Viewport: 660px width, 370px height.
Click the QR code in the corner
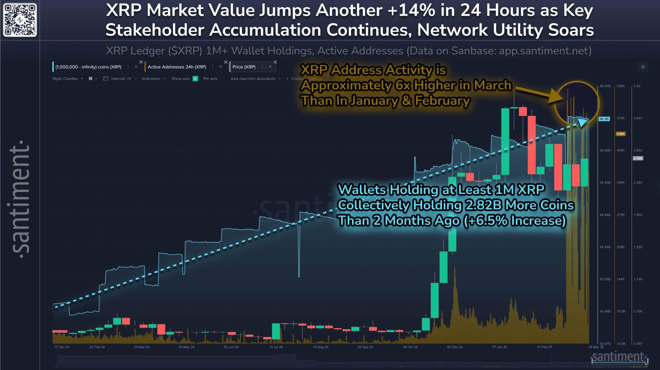click(x=20, y=20)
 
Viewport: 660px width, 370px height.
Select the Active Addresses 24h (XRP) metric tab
click(x=177, y=67)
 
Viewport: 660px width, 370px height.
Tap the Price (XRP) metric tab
click(x=244, y=67)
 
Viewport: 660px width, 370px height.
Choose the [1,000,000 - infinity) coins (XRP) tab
click(x=88, y=67)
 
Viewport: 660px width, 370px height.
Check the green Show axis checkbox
click(x=195, y=79)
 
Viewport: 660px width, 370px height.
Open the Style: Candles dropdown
click(x=68, y=79)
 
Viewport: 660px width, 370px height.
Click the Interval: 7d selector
click(x=121, y=79)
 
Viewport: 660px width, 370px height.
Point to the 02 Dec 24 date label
click(x=455, y=347)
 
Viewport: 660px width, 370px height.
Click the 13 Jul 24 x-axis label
click(x=276, y=347)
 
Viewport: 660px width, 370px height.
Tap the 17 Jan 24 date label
click(x=61, y=347)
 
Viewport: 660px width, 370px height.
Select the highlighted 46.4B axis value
click(x=604, y=119)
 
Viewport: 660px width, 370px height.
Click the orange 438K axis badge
click(x=620, y=134)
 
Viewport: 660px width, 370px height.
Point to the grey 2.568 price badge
click(x=638, y=158)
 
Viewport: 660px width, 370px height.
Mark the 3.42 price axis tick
click(x=637, y=86)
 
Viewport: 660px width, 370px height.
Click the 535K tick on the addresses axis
click(x=621, y=86)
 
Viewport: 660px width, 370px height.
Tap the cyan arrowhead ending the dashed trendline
click(x=582, y=123)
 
